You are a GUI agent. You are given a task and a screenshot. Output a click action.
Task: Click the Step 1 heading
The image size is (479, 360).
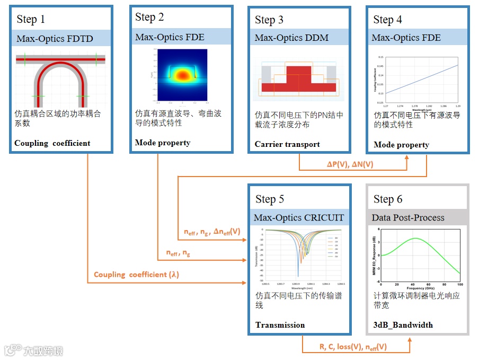coord(31,20)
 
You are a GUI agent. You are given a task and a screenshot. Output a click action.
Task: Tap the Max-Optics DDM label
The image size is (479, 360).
coord(291,38)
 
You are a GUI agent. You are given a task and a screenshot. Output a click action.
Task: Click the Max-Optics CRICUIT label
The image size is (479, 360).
coord(299,217)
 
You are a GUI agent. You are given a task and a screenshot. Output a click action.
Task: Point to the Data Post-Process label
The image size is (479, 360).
coord(408,217)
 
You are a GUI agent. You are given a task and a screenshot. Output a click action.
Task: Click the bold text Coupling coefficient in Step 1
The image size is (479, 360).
coord(52,143)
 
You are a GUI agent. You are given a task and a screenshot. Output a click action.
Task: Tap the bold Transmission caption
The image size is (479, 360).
coord(280,325)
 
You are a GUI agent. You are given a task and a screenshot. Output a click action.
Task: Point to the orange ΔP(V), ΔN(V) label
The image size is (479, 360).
coord(351,165)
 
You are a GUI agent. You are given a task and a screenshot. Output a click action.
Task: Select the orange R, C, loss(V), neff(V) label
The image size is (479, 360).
coord(353,347)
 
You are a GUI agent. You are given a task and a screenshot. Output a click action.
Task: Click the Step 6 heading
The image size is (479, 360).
coord(387,199)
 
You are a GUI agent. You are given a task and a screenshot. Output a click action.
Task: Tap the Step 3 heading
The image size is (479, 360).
coord(269,20)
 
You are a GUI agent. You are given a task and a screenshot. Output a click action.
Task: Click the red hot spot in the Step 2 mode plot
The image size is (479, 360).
coord(182,76)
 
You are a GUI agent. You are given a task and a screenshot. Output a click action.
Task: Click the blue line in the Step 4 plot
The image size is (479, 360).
coord(422,80)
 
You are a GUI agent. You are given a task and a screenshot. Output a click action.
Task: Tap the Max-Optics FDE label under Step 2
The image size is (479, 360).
coord(170,37)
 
